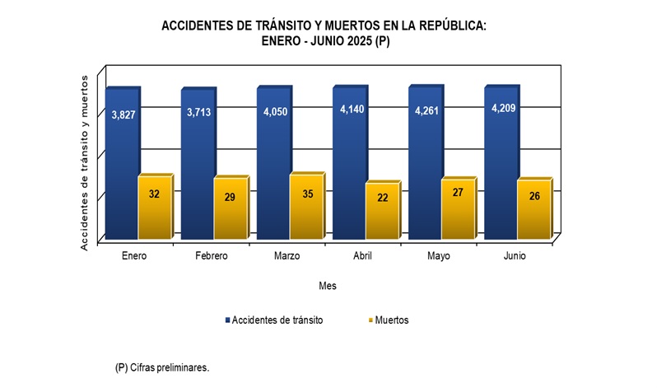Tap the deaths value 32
pyautogui.click(x=154, y=194)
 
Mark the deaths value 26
pyautogui.click(x=533, y=196)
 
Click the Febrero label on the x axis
pyautogui.click(x=212, y=256)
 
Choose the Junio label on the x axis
pyautogui.click(x=515, y=256)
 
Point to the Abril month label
pyautogui.click(x=362, y=256)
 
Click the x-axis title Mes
pyautogui.click(x=328, y=286)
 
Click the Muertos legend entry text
pyautogui.click(x=392, y=320)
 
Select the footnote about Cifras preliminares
pyautogui.click(x=162, y=367)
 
